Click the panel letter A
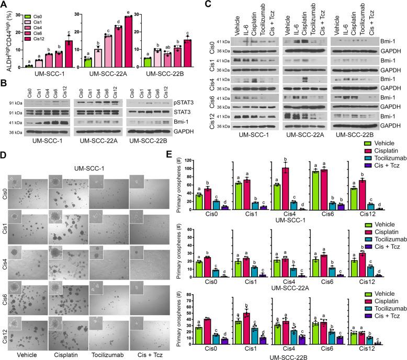point(4,5)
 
